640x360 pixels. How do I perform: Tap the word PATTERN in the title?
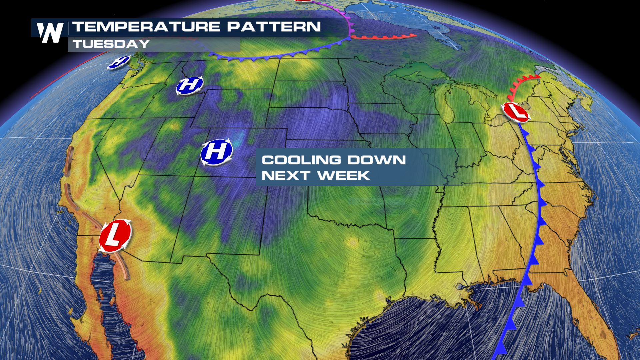274,27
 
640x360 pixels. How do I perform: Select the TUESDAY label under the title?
111,44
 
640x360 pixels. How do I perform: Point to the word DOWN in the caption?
376,160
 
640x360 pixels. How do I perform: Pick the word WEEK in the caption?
344,175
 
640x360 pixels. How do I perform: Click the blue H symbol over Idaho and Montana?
190,85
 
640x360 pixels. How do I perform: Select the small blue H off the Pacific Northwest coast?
119,62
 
